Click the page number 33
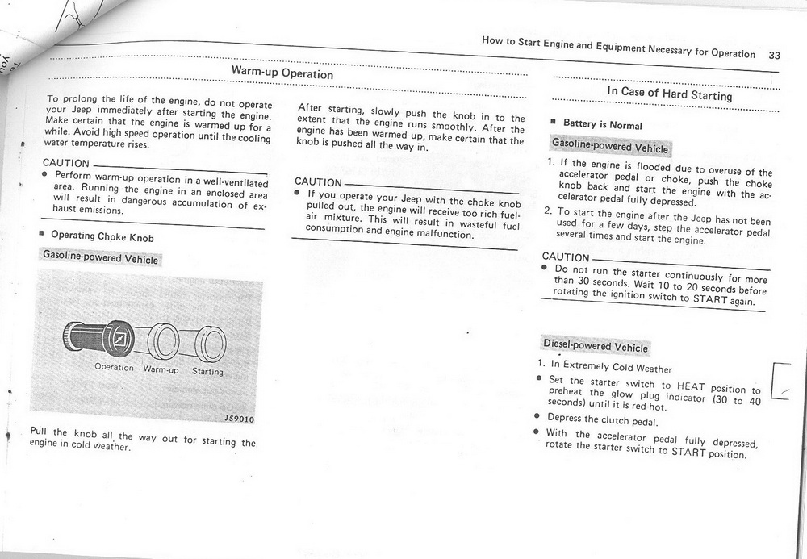tap(774, 56)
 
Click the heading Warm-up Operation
tap(282, 73)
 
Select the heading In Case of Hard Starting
tap(669, 94)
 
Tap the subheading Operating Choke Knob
tap(102, 236)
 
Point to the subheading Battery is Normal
tap(602, 125)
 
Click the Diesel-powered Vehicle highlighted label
tap(596, 345)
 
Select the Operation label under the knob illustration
tap(114, 367)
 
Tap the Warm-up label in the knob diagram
tap(161, 369)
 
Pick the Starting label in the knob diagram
tap(207, 372)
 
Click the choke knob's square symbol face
tap(119, 339)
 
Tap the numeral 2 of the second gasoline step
tap(547, 211)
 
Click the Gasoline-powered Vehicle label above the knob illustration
tap(100, 258)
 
